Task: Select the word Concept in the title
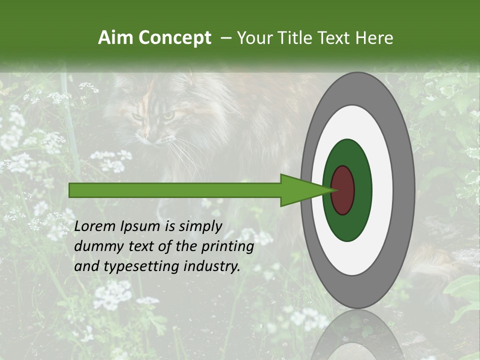(x=175, y=38)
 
